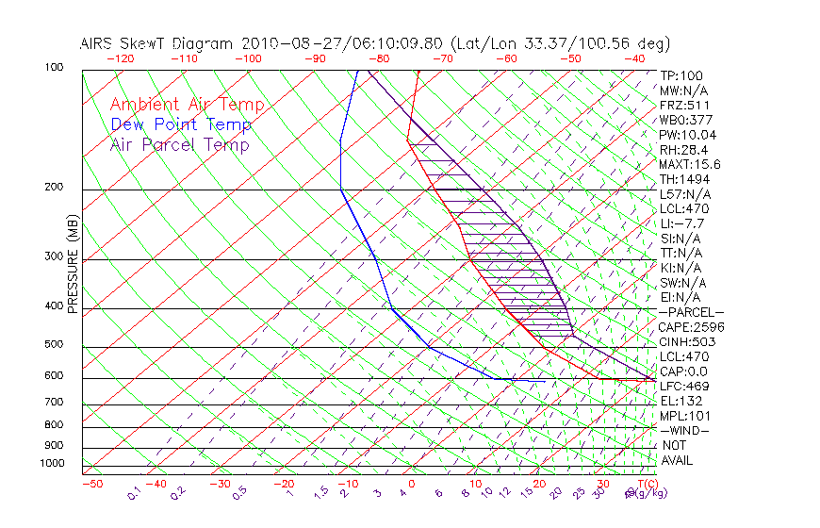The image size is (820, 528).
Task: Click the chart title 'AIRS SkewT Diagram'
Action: click(x=158, y=44)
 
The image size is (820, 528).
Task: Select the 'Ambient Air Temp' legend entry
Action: click(x=187, y=105)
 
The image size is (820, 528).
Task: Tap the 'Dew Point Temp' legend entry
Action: click(x=181, y=124)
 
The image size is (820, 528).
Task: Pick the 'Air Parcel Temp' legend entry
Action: click(x=179, y=144)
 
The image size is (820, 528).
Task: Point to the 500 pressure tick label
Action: click(x=53, y=345)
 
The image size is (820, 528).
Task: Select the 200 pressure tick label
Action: click(x=53, y=187)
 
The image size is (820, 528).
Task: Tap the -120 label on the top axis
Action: click(x=118, y=58)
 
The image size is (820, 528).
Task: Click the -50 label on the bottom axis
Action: click(x=91, y=484)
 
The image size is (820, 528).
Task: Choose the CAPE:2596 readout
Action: click(x=691, y=327)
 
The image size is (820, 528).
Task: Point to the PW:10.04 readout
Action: click(x=687, y=135)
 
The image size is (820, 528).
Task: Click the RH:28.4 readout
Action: click(x=683, y=150)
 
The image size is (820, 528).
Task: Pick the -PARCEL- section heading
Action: click(x=691, y=312)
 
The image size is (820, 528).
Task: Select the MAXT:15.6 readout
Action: click(x=691, y=164)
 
